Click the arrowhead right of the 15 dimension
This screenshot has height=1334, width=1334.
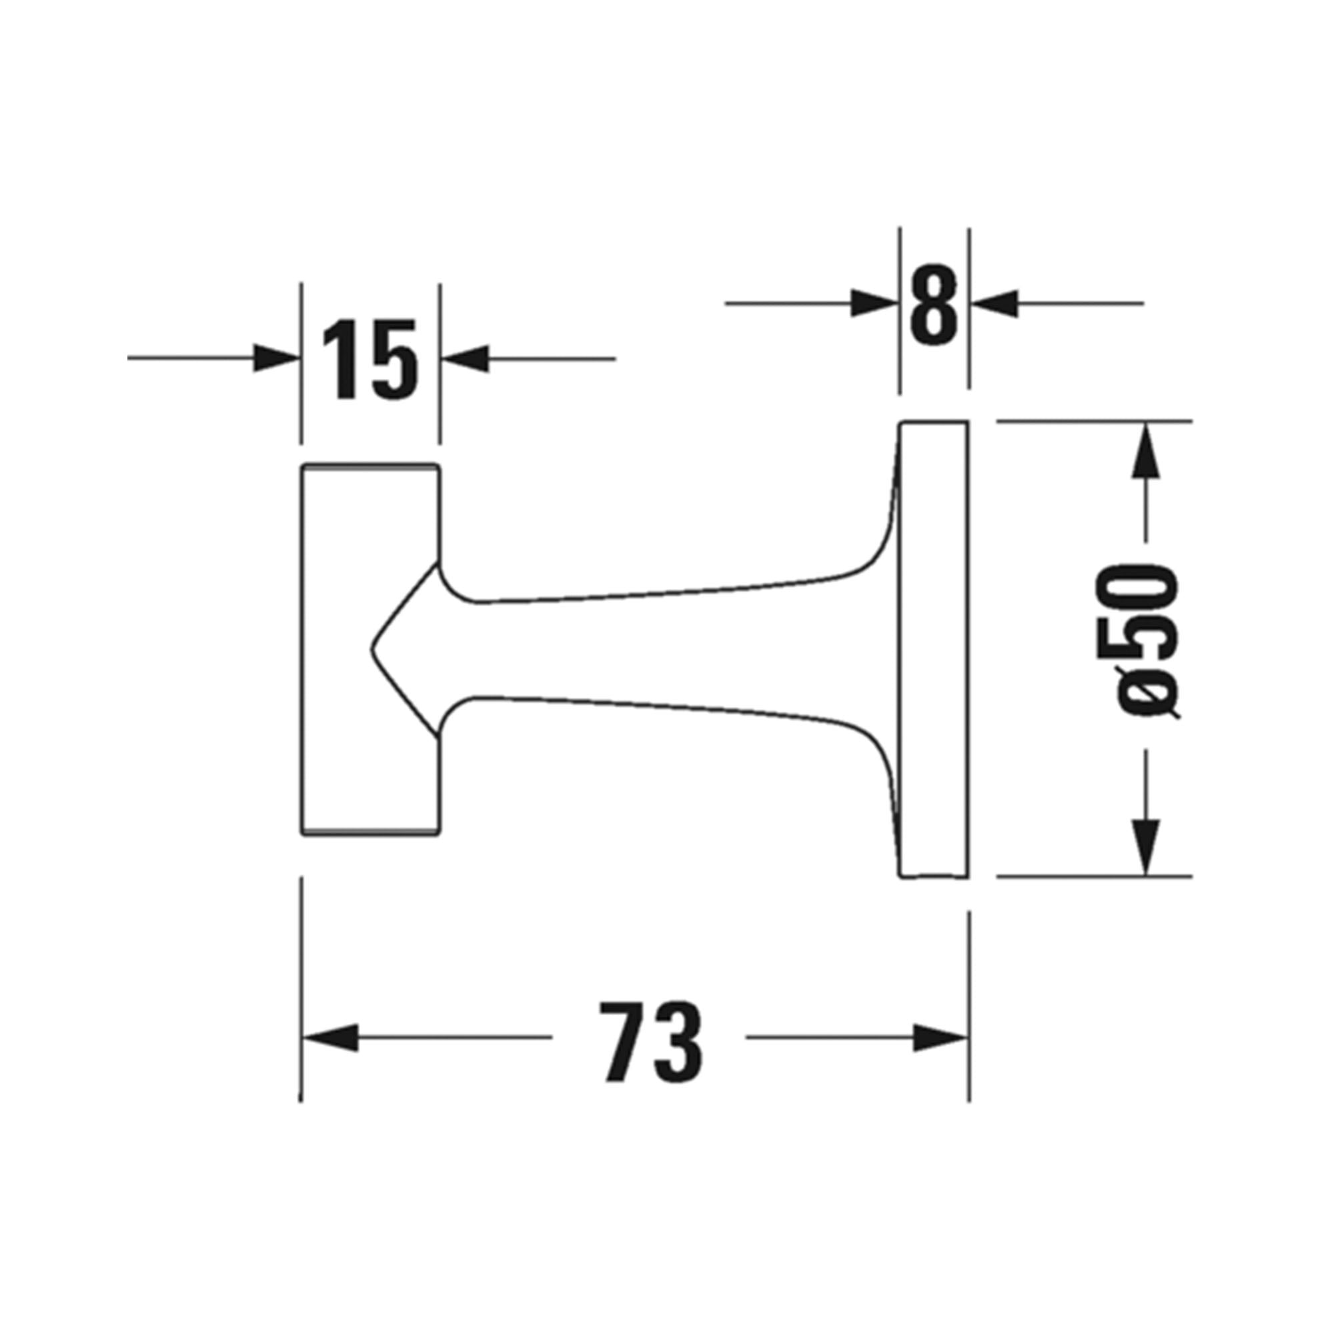click(466, 358)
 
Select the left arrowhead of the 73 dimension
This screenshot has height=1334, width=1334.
click(330, 1038)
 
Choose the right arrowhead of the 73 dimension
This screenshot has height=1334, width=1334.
click(939, 1038)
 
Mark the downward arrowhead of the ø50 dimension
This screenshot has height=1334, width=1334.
click(1145, 848)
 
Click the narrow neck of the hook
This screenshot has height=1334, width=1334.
click(622, 649)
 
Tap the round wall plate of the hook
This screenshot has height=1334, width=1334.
click(934, 649)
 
